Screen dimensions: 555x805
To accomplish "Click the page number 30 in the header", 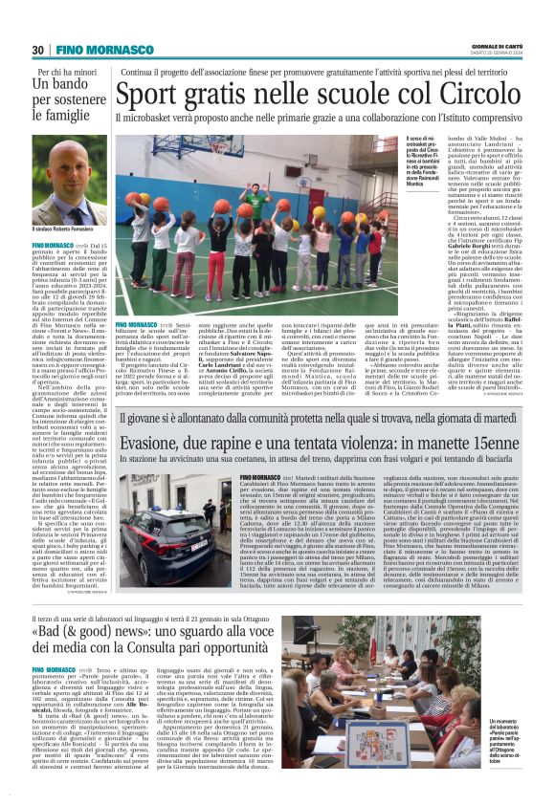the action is click(38, 50).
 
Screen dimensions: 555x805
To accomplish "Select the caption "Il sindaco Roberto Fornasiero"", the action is click(70, 229).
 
